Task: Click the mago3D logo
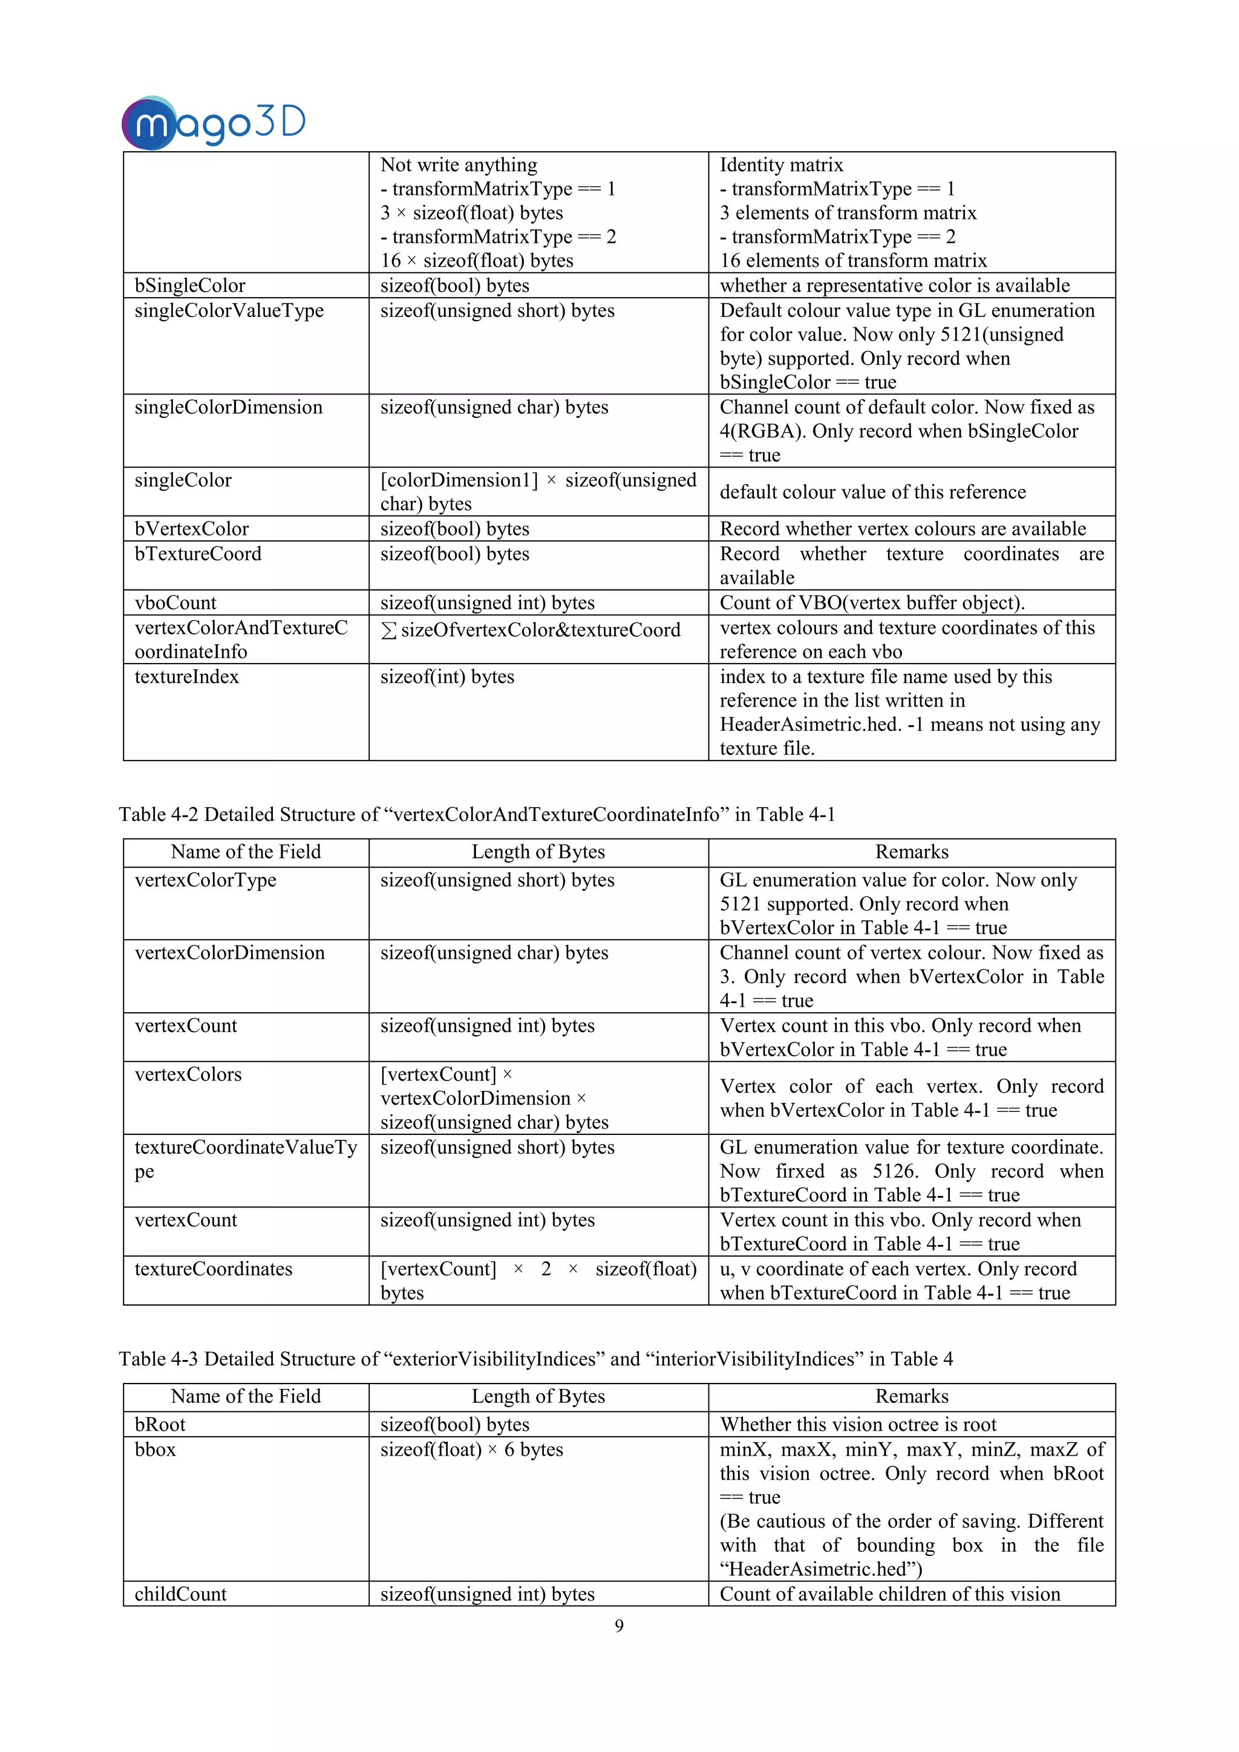pyautogui.click(x=214, y=122)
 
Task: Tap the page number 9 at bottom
pyautogui.click(x=619, y=1626)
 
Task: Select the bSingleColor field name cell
pyautogui.click(x=190, y=286)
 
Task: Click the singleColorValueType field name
pyautogui.click(x=229, y=310)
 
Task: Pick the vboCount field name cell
pyautogui.click(x=175, y=603)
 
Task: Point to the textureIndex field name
pyautogui.click(x=187, y=677)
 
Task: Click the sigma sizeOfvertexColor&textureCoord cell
pyautogui.click(x=530, y=630)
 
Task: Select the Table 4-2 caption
pyautogui.click(x=477, y=814)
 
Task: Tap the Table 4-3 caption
pyautogui.click(x=535, y=1359)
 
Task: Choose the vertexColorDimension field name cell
pyautogui.click(x=230, y=953)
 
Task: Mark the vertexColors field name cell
pyautogui.click(x=188, y=1074)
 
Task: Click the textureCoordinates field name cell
pyautogui.click(x=214, y=1269)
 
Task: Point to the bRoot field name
pyautogui.click(x=160, y=1425)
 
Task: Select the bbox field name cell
pyautogui.click(x=155, y=1450)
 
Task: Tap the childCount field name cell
pyautogui.click(x=181, y=1594)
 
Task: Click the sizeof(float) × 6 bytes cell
pyautogui.click(x=471, y=1450)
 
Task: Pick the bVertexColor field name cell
pyautogui.click(x=192, y=529)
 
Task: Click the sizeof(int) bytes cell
pyautogui.click(x=447, y=677)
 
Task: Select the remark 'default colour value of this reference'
pyautogui.click(x=873, y=492)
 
